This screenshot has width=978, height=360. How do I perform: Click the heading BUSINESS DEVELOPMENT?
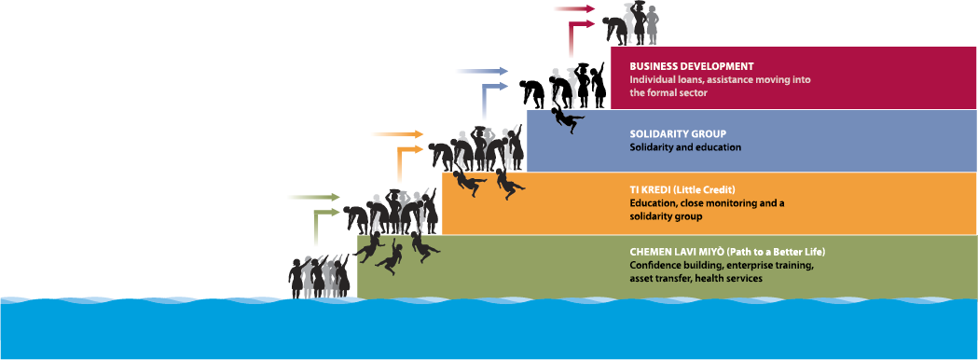(x=691, y=67)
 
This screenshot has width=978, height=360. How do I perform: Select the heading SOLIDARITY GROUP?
(x=677, y=133)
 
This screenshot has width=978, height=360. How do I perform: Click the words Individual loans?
(x=664, y=80)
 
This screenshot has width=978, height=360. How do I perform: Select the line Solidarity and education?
(x=685, y=147)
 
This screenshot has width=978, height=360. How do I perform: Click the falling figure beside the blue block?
(x=564, y=119)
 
